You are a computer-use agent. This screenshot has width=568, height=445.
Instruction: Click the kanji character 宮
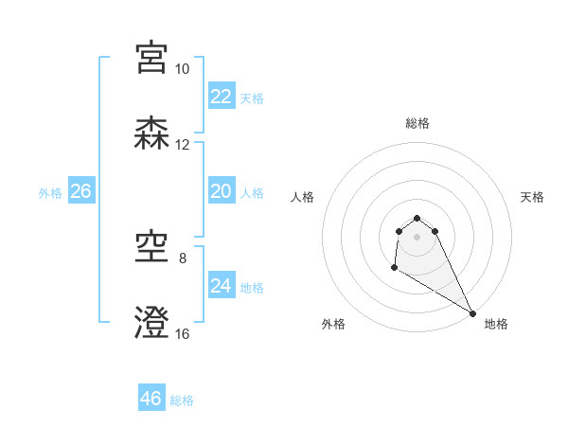152,57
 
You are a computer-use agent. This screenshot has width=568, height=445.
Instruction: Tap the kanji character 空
152,248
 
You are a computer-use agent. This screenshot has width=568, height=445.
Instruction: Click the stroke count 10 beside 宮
182,69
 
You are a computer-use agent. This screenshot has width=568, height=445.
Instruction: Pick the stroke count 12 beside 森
182,145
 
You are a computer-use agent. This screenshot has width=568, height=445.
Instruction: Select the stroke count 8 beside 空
183,257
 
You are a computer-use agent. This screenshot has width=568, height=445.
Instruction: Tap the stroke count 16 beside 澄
182,333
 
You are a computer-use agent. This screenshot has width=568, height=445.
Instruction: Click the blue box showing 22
221,97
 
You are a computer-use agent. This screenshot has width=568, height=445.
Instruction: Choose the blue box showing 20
221,191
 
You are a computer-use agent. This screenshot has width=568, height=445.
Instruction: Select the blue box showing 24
221,286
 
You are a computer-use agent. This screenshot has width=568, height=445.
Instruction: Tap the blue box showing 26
80,191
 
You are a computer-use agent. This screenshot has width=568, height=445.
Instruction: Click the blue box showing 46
151,399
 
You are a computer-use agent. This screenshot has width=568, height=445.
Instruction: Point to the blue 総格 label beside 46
182,400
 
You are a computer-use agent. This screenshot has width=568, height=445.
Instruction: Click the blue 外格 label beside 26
50,193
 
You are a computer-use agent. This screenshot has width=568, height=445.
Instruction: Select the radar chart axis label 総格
417,123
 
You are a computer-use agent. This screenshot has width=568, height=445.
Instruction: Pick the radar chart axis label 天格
532,197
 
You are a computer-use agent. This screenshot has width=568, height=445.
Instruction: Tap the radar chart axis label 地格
496,324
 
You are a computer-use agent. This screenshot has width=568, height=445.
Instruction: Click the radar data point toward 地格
472,313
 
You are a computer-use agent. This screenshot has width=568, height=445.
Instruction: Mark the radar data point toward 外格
393,269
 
